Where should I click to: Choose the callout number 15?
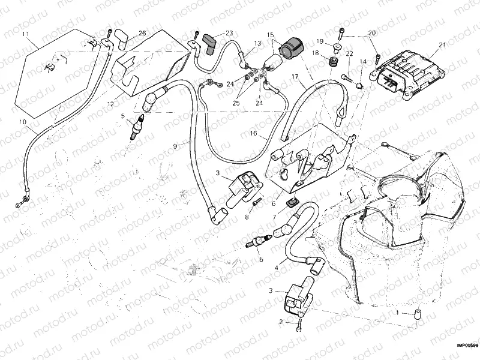point(271,35)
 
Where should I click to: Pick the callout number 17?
point(295,76)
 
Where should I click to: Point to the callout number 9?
point(175,146)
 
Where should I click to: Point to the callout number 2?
point(281,322)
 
